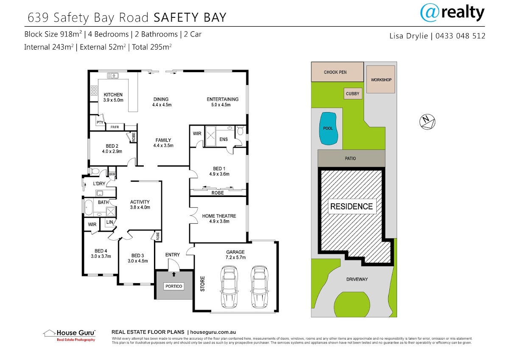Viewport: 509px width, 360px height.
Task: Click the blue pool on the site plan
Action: click(328, 129)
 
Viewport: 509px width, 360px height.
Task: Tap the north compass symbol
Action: click(427, 122)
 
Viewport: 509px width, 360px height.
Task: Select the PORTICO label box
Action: click(174, 286)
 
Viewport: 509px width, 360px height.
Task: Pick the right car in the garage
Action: click(259, 287)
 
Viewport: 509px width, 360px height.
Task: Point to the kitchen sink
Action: click(113, 76)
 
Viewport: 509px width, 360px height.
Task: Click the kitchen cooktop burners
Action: click(94, 90)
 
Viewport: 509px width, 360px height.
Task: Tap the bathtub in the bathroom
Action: click(88, 207)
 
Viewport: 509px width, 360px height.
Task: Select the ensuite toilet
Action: click(240, 130)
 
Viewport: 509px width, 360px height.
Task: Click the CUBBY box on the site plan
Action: click(352, 93)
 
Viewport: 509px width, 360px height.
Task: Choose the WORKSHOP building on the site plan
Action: click(380, 79)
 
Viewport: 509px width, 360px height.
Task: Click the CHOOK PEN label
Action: click(335, 72)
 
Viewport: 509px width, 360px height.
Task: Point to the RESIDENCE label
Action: click(352, 206)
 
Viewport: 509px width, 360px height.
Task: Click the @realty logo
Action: click(452, 13)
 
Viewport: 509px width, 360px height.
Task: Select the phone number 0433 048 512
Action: click(460, 36)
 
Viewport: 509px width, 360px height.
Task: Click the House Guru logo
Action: click(69, 335)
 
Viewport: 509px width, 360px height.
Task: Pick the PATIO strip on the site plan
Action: click(351, 158)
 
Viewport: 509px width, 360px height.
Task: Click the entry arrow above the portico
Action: click(174, 274)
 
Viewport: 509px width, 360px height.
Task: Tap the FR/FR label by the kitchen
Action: click(115, 127)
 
